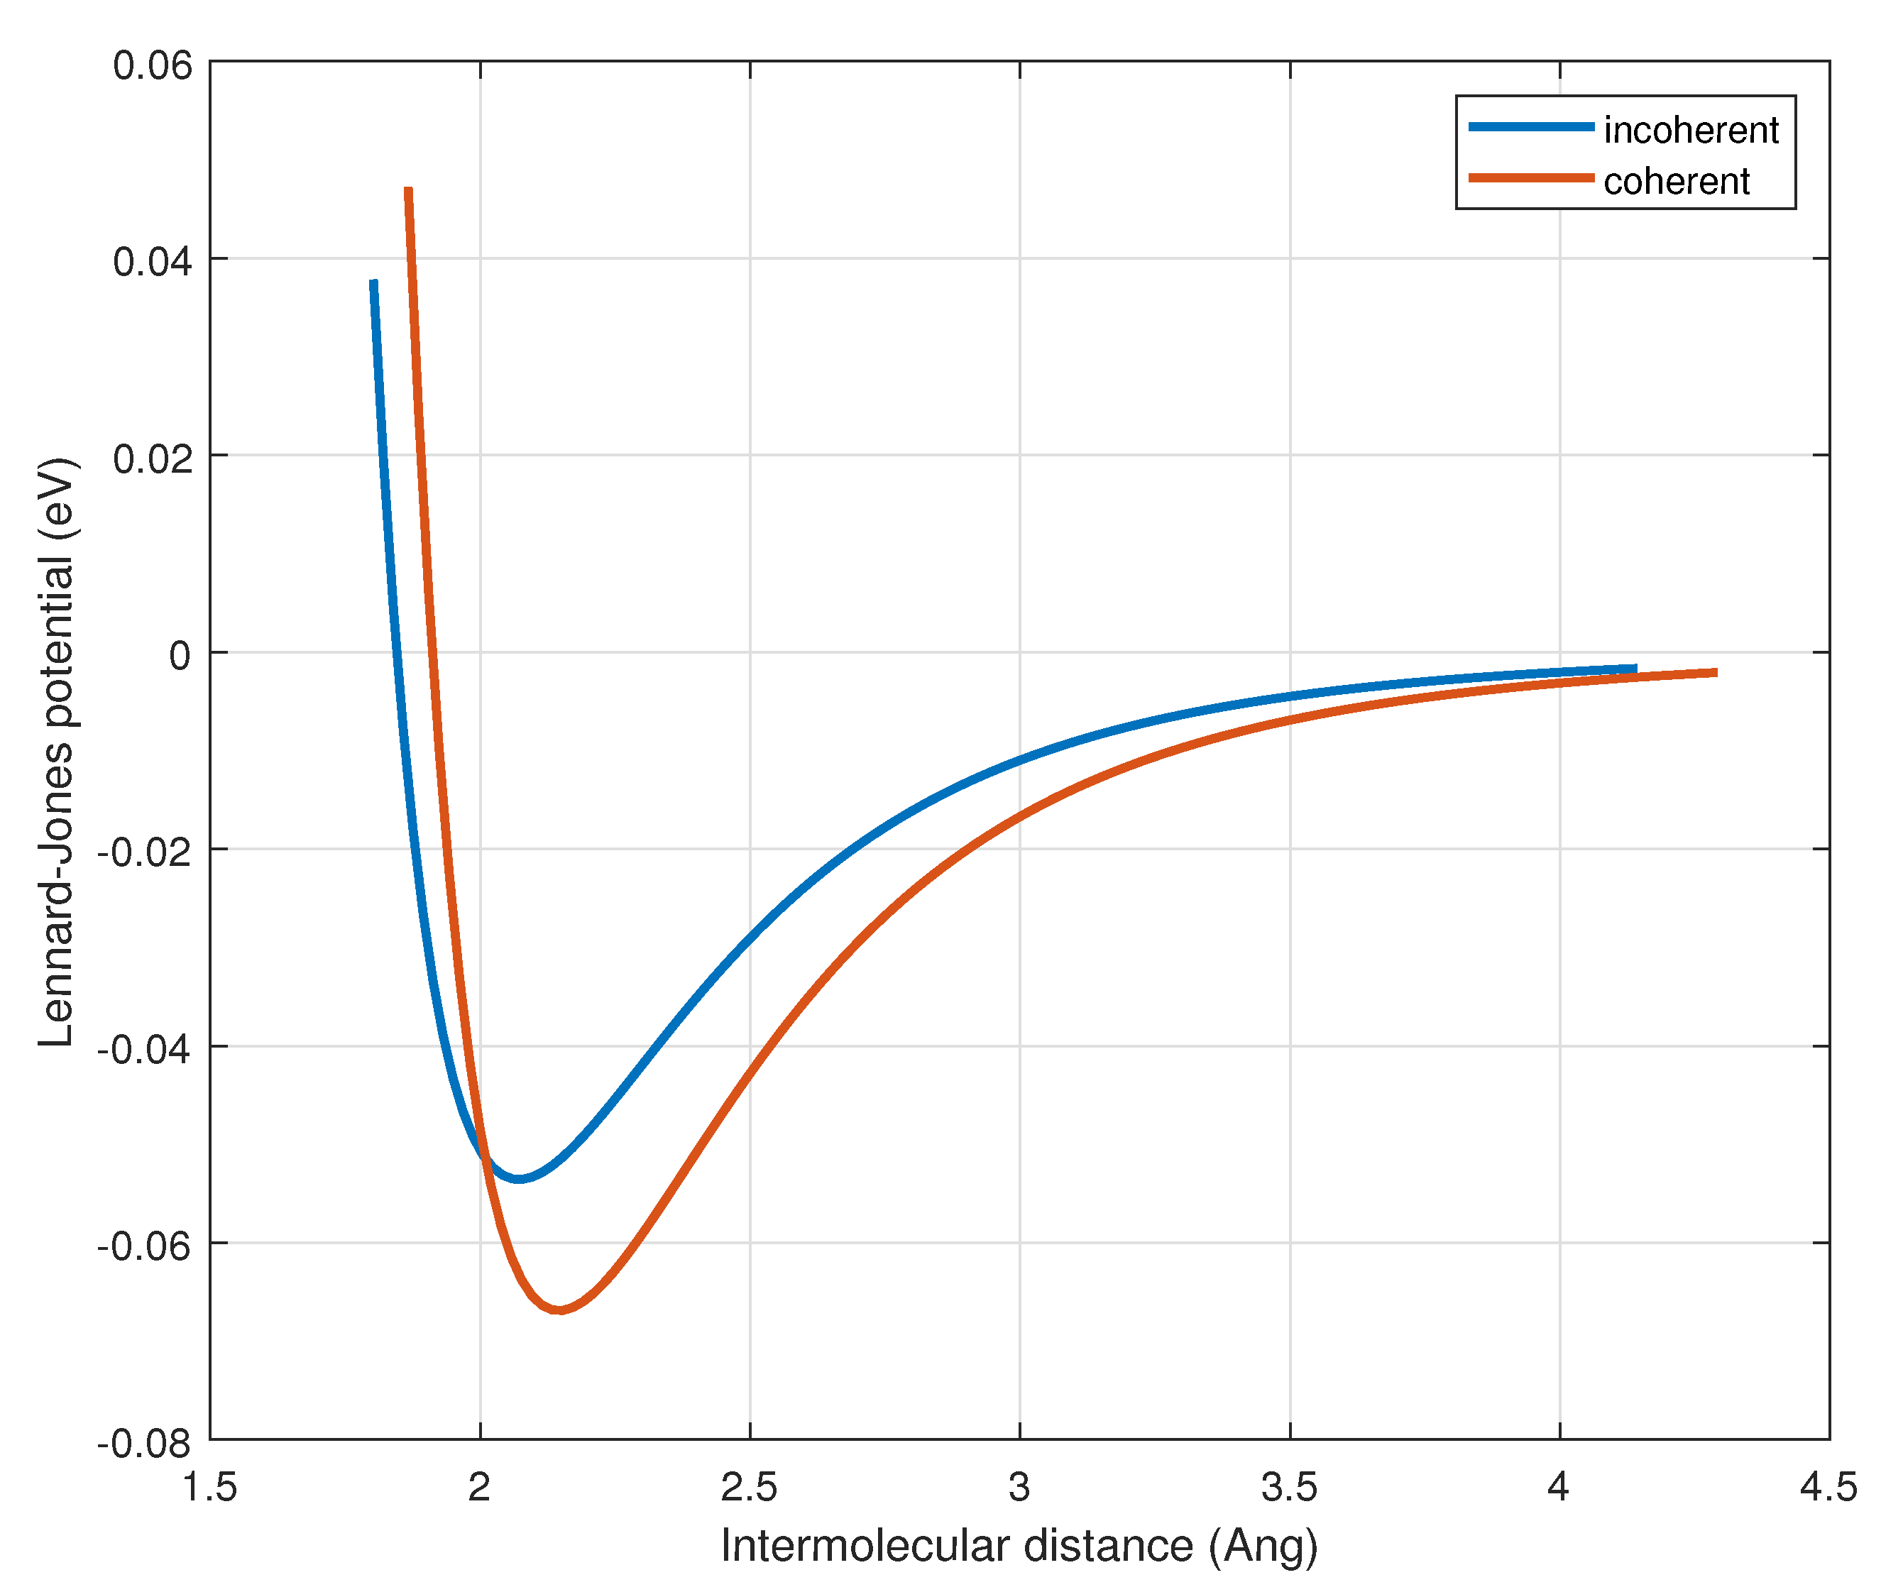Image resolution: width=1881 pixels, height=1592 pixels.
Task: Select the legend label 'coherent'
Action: [x=1675, y=182]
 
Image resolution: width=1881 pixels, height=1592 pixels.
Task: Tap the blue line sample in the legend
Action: [x=1531, y=127]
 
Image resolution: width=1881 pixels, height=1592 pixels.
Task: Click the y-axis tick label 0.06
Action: [x=153, y=66]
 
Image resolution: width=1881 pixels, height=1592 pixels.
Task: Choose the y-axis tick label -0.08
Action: [x=144, y=1444]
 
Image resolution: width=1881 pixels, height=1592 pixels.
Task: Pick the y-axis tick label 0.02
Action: [x=153, y=459]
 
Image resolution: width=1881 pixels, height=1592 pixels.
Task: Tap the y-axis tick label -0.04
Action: [x=144, y=1050]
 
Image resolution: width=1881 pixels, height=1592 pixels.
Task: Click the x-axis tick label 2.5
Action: [x=749, y=1488]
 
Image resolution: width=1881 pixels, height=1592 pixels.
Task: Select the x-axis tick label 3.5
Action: [x=1289, y=1488]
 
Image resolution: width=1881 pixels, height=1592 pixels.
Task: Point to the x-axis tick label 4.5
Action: [x=1828, y=1488]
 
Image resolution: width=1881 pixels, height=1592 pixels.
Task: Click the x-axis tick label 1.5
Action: [x=210, y=1488]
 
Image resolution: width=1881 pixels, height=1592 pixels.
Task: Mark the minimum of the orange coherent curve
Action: [x=559, y=1310]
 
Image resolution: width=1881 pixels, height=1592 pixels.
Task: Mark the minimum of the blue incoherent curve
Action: [x=519, y=1179]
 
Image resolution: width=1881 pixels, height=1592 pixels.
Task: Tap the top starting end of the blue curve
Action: [x=373, y=282]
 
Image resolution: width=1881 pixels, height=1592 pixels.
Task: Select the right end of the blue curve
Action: [x=1635, y=669]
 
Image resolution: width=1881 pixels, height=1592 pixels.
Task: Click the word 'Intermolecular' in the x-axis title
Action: [x=865, y=1547]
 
